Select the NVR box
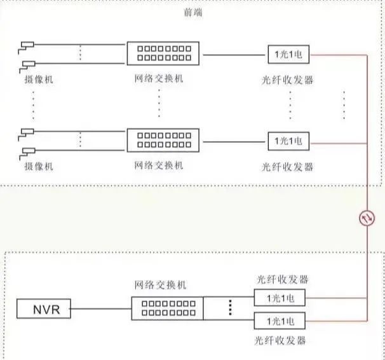click(x=43, y=310)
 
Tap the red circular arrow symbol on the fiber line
click(x=367, y=218)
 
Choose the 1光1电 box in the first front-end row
click(x=288, y=55)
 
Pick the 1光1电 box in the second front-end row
click(x=288, y=140)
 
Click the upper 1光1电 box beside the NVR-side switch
click(x=279, y=298)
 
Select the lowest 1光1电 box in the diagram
click(x=279, y=319)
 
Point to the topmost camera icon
click(x=28, y=45)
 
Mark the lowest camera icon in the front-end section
click(x=28, y=151)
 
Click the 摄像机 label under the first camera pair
click(x=39, y=81)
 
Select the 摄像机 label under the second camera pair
click(x=39, y=166)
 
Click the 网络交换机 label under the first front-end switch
click(x=159, y=80)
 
